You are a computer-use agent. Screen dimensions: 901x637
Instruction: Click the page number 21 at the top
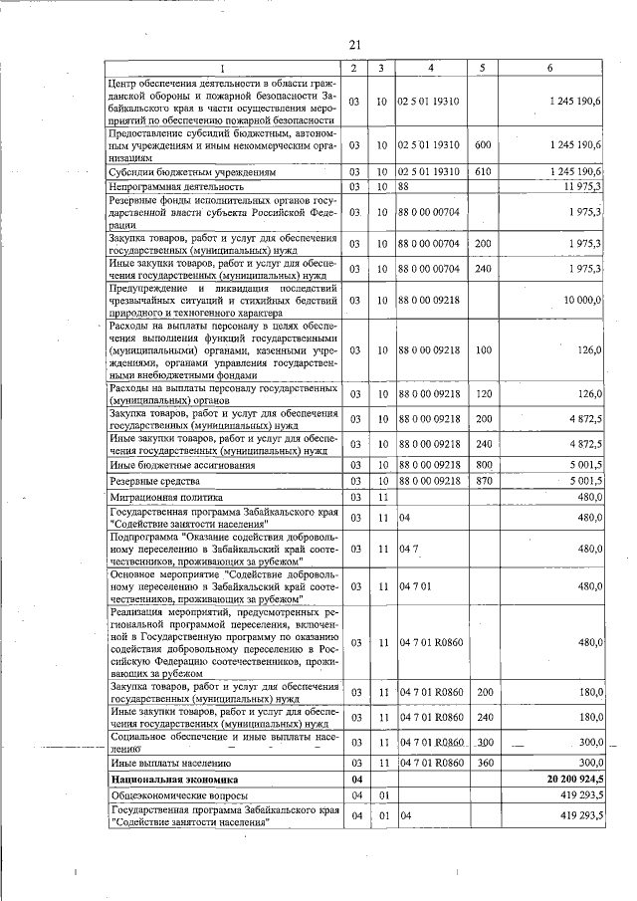[x=354, y=44]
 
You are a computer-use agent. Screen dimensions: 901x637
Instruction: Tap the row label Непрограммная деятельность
[x=178, y=186]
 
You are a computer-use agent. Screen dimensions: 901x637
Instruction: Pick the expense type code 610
[x=483, y=171]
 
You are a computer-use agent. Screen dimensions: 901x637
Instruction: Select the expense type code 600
[x=483, y=145]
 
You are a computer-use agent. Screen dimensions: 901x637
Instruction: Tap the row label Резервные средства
[x=148, y=482]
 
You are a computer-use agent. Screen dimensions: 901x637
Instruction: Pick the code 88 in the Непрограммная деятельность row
[x=404, y=186]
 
